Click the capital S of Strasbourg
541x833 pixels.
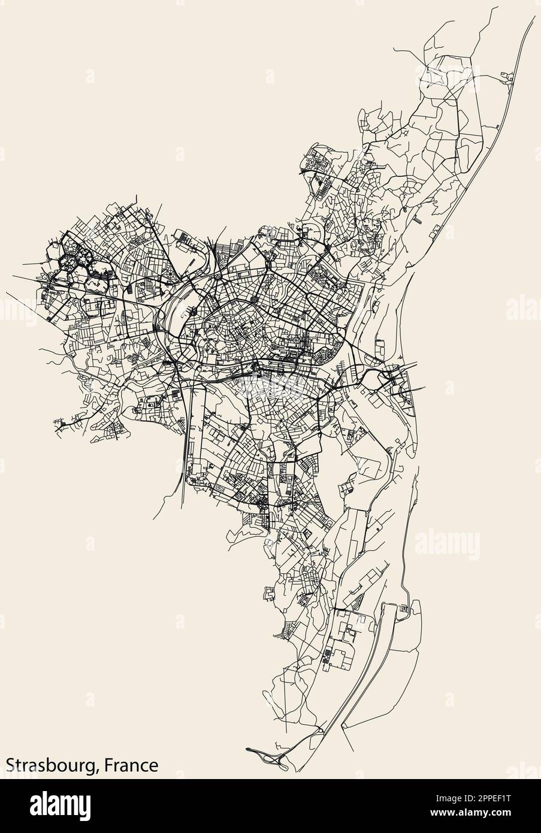point(11,765)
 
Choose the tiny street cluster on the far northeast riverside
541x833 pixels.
point(509,76)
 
